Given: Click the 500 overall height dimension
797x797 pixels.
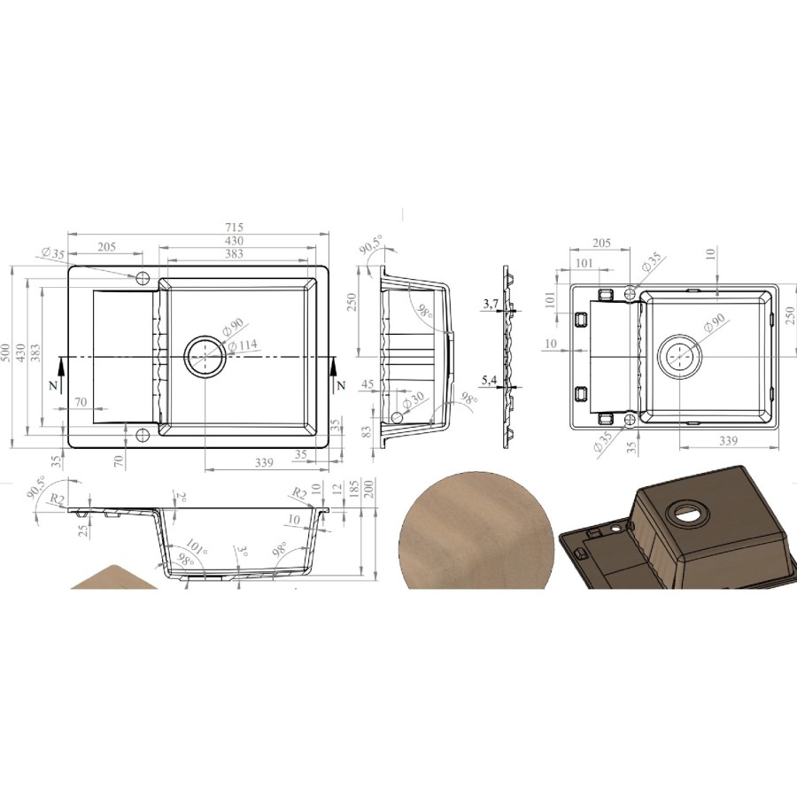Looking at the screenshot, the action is (6, 352).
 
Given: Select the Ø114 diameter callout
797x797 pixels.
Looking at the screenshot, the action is (243, 345).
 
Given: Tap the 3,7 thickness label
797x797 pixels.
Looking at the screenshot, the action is (491, 304).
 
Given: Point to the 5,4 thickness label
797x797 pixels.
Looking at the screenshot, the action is (490, 380).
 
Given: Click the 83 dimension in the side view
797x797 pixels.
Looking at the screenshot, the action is (366, 431).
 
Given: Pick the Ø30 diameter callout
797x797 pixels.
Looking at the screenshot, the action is (413, 401).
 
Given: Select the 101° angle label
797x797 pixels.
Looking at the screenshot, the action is (197, 547).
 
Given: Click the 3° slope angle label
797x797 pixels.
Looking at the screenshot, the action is (243, 552).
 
